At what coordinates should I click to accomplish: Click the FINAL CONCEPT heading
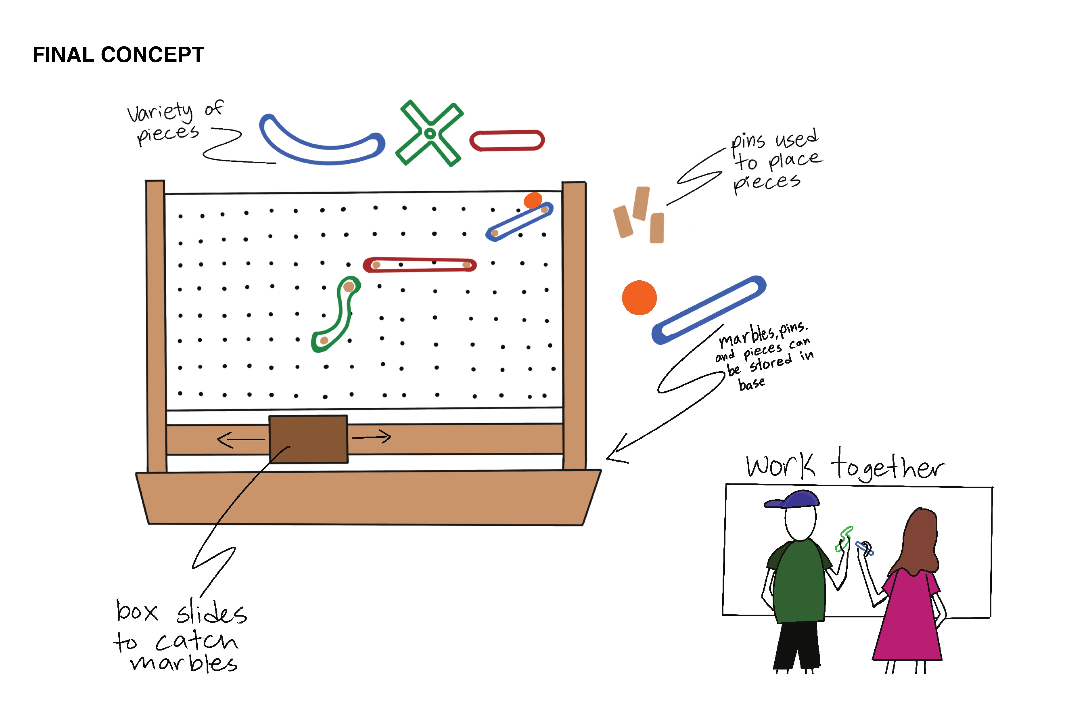tap(118, 55)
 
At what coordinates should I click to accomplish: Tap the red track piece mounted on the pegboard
tap(420, 265)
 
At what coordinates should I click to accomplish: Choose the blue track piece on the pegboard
tap(519, 222)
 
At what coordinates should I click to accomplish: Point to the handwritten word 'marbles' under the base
tap(184, 663)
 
